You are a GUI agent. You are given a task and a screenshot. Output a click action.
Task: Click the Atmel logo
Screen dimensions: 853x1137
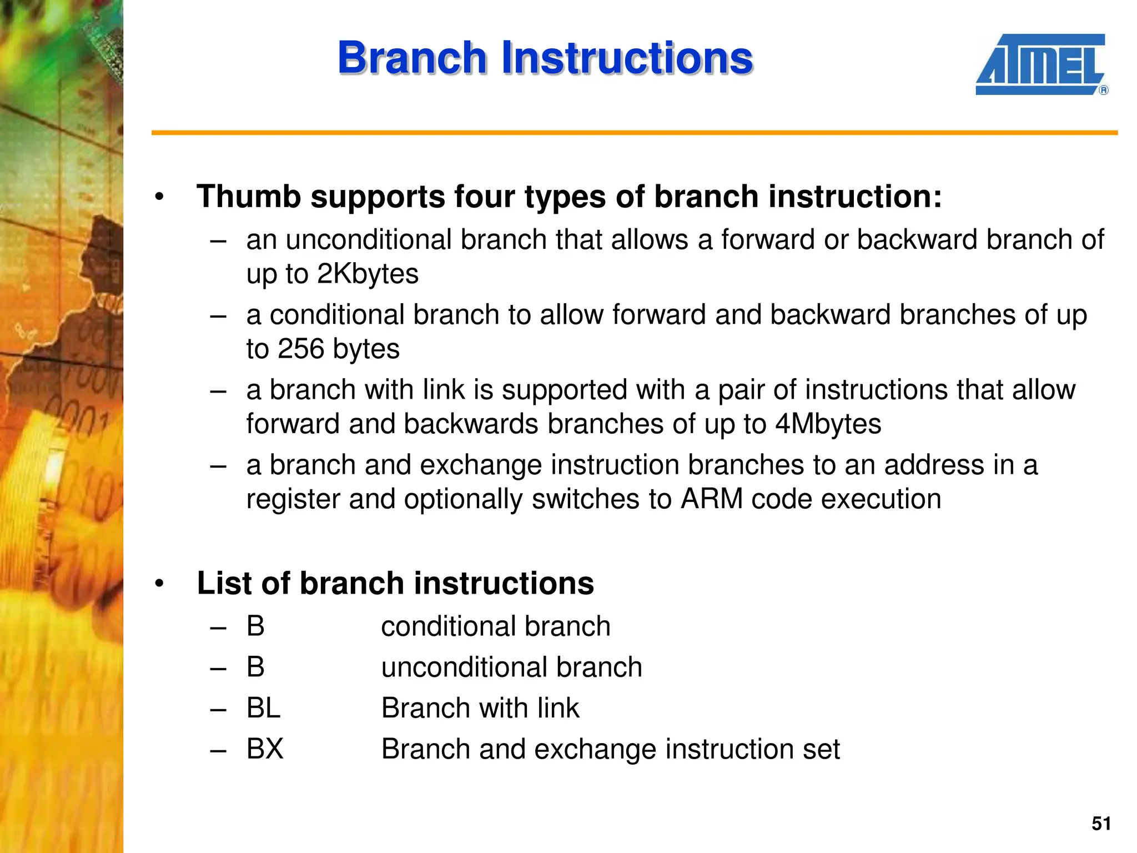click(1040, 64)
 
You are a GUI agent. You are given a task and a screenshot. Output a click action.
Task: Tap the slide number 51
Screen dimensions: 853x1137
click(1101, 824)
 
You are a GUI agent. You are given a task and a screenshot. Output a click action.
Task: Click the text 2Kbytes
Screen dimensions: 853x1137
click(368, 274)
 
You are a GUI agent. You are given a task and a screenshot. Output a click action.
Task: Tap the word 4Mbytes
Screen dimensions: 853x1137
click(828, 424)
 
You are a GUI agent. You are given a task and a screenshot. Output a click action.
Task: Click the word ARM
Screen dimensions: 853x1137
click(712, 499)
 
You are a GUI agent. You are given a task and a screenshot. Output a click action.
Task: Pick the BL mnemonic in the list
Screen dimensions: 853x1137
click(263, 708)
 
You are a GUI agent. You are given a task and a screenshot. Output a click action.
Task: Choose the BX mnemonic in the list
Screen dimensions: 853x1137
click(265, 749)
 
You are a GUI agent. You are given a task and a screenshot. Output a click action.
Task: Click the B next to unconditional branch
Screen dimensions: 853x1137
click(255, 667)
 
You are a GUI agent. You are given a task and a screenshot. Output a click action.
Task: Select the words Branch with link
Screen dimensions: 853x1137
click(480, 708)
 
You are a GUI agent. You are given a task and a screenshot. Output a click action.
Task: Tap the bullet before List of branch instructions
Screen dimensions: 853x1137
click(160, 584)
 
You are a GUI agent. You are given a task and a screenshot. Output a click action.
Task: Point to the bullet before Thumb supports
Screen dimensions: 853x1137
click(160, 197)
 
